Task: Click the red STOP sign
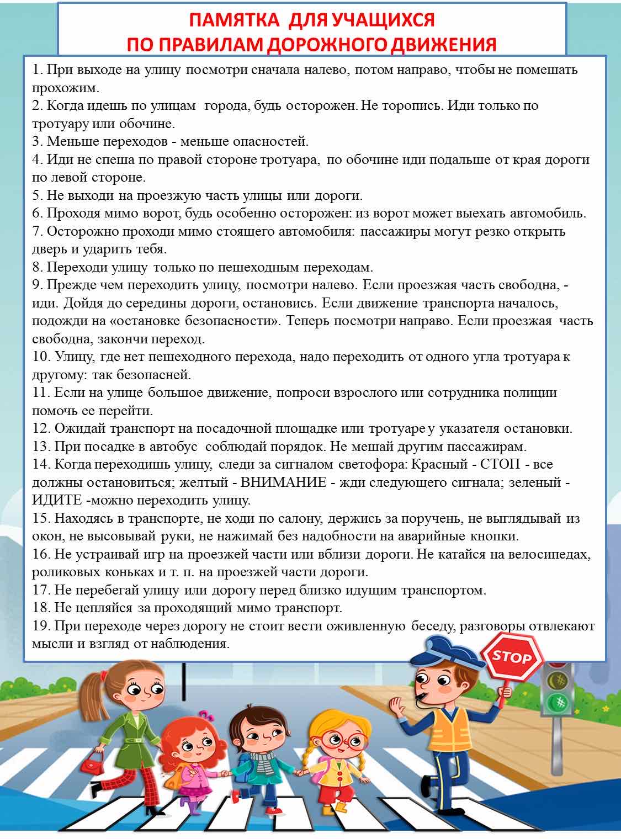pos(512,657)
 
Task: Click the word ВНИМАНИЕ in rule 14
pos(284,482)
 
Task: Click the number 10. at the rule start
pos(41,357)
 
